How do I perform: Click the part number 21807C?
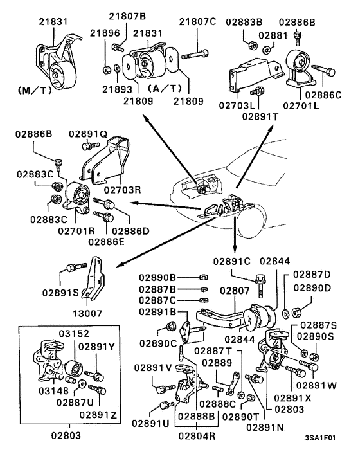click(197, 21)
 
